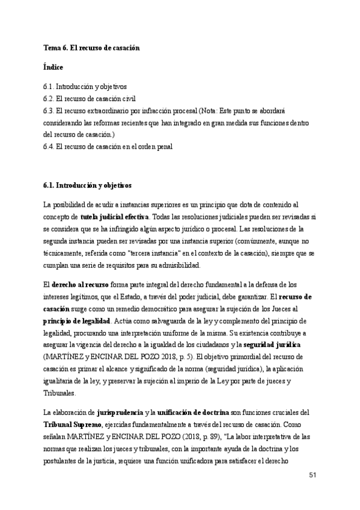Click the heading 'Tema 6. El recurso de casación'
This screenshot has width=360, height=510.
[91, 47]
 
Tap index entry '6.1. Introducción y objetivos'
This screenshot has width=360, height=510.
[85, 87]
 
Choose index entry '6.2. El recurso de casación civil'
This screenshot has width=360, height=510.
[90, 99]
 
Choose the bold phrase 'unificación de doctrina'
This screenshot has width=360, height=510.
[193, 396]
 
